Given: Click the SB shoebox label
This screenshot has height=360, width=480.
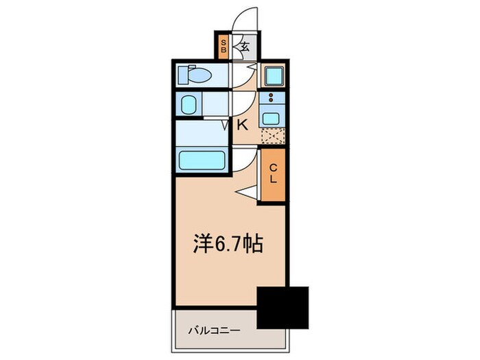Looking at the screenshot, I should (223, 47).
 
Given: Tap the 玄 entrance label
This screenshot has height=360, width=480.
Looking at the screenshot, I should (244, 47).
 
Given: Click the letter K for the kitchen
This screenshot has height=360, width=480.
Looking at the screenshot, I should (242, 125).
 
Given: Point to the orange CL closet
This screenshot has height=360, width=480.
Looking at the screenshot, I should (272, 176).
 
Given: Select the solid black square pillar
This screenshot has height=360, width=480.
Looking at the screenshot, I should (283, 307).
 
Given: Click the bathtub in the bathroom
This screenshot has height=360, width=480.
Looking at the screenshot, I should (202, 160).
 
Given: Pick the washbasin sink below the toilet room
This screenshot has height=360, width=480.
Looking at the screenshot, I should (189, 105).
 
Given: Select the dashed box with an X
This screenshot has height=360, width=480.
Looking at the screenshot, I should (272, 135).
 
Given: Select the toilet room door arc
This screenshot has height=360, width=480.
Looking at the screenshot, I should (244, 74).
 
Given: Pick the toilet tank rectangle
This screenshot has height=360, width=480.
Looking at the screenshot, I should (182, 74).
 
